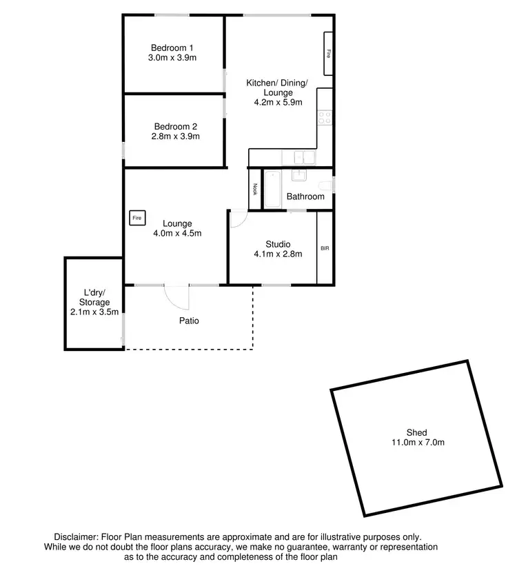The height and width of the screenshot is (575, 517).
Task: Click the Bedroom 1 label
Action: coord(173,48)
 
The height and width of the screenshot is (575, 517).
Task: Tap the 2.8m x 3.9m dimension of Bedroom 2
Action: coord(176,137)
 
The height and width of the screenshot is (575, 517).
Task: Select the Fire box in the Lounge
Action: coord(137,218)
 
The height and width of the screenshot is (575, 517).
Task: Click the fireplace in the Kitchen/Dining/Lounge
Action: coord(329,53)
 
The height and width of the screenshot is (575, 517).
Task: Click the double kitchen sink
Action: coord(303,158)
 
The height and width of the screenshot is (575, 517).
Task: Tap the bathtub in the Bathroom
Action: coord(270,188)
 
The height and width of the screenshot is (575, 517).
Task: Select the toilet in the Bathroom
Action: coord(327,185)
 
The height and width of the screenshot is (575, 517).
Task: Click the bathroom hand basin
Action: coord(301,176)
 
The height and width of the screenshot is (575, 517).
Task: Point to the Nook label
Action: coord(254,188)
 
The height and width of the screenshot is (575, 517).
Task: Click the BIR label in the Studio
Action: coord(324,248)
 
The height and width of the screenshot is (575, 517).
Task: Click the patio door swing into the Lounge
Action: coord(176,298)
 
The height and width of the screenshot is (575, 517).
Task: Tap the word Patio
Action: coord(189,321)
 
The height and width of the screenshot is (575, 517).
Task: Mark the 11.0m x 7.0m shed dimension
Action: coord(416,443)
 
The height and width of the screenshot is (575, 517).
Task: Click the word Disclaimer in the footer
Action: coord(76,536)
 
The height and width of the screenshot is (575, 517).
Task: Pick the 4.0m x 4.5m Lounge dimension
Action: coord(177,233)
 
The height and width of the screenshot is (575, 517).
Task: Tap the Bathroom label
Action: coord(305,196)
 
